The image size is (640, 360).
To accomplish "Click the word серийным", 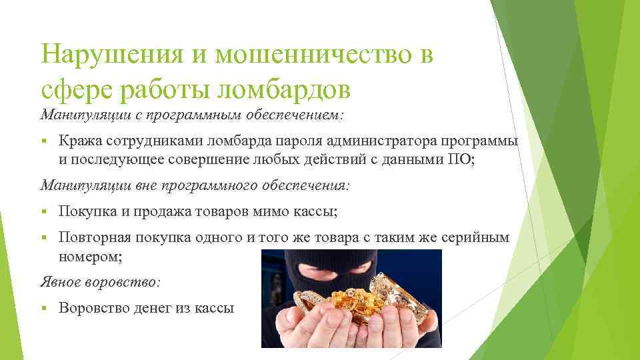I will [477, 238].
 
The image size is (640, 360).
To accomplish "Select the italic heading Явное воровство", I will [100, 282].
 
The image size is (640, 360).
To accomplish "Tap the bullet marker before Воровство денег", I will [43, 308].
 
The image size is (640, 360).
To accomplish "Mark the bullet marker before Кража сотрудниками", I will [43, 141].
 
